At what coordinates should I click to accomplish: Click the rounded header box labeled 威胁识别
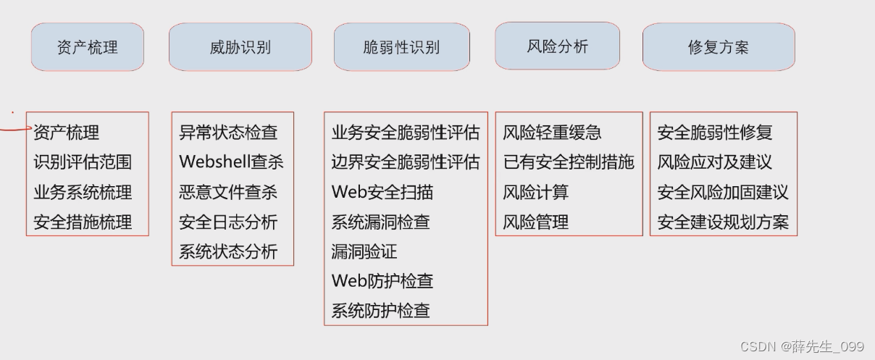point(240,47)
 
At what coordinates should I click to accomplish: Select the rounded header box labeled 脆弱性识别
point(401,48)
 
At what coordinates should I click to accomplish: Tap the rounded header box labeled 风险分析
point(557,46)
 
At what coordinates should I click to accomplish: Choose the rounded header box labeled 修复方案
point(718,48)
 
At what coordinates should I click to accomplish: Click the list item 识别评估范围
point(83,162)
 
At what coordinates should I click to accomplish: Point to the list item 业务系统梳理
point(83,193)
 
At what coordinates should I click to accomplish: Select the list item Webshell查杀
point(231,162)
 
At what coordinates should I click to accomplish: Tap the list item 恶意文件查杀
point(228,193)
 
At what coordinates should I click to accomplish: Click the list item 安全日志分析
point(228,222)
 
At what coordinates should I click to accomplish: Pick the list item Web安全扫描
point(382,193)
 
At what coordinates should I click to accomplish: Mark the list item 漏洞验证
point(364,251)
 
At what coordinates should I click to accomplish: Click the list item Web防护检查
point(382,281)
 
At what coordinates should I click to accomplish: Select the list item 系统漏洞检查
point(381,222)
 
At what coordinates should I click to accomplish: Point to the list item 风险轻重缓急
point(552,133)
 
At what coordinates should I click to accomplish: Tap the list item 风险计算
point(536,193)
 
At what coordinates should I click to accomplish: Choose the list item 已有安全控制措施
point(569,162)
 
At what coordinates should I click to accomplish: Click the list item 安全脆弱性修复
point(715,133)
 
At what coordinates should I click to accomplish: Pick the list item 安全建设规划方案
point(723,222)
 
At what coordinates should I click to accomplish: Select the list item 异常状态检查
point(228,133)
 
